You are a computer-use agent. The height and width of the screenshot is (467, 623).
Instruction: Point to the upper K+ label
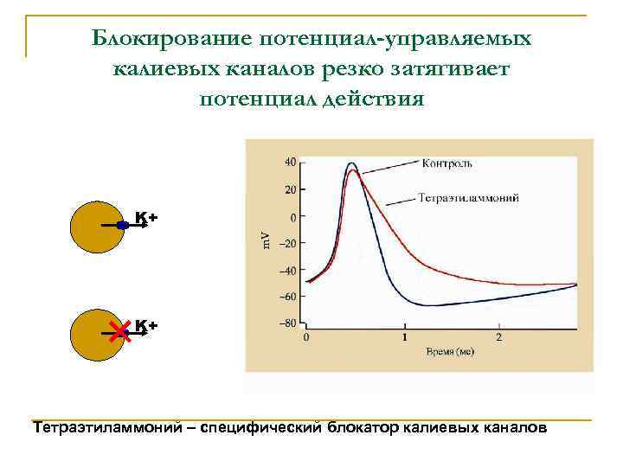[x=145, y=219]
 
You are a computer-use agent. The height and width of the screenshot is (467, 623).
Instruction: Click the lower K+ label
[x=145, y=326]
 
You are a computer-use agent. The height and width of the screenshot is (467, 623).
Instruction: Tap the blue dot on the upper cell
[x=123, y=225]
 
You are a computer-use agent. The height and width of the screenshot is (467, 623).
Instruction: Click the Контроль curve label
[x=447, y=163]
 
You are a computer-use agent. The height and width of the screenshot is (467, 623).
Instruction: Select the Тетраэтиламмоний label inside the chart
[x=468, y=198]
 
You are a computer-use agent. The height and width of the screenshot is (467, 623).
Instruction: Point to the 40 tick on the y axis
[x=290, y=162]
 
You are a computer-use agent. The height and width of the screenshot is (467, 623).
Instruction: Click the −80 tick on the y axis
[x=286, y=323]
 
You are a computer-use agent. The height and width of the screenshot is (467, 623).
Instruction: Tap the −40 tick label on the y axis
[x=286, y=270]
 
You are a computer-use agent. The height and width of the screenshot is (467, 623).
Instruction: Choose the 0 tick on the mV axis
[x=293, y=216]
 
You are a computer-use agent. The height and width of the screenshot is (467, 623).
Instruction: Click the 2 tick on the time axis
[x=499, y=336]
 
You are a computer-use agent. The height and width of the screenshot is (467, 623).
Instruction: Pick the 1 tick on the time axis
[x=402, y=336]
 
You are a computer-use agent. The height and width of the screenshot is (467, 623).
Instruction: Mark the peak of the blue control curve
[x=351, y=163]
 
